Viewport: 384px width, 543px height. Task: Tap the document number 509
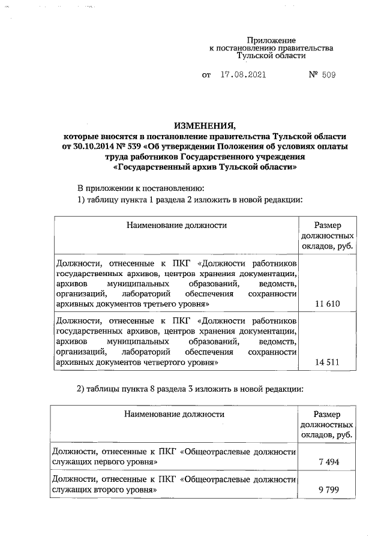point(328,76)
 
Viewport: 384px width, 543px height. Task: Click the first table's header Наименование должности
point(176,226)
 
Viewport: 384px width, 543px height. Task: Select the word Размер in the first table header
point(328,226)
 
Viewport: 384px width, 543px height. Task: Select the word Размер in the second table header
point(328,415)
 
